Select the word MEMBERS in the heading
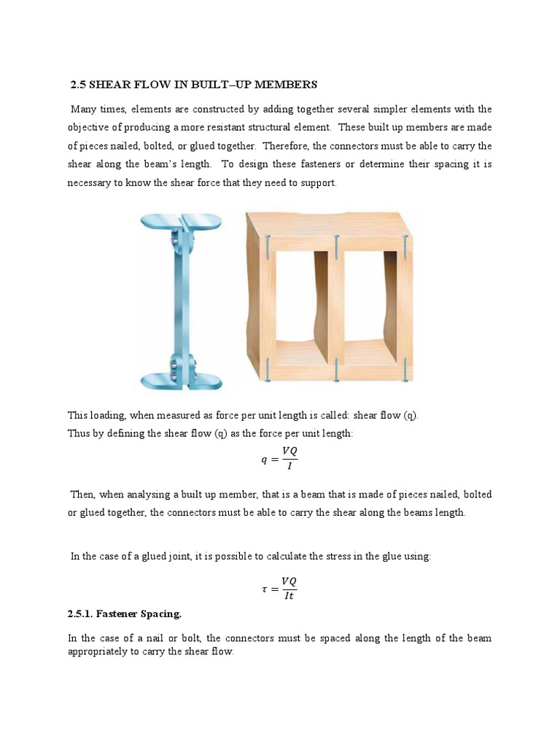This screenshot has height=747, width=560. [287, 85]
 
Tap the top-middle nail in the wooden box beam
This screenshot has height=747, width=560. [336, 246]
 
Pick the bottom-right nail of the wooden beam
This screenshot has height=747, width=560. [403, 369]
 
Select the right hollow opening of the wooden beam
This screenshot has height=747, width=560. [370, 306]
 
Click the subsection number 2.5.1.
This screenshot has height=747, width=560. [82, 614]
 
